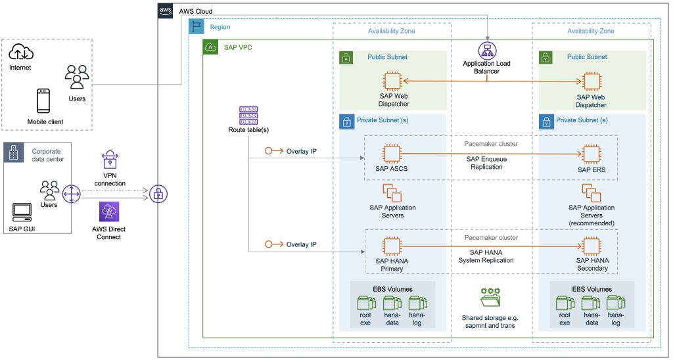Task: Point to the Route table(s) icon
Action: coord(248,115)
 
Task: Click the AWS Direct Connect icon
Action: coord(108,212)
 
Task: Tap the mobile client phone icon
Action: coord(44,101)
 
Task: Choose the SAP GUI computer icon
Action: coord(22,212)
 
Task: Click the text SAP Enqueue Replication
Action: coord(488,163)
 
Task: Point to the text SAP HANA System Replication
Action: coord(488,256)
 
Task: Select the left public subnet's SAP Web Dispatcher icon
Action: coord(393,81)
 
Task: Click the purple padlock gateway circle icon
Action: coord(157,193)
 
